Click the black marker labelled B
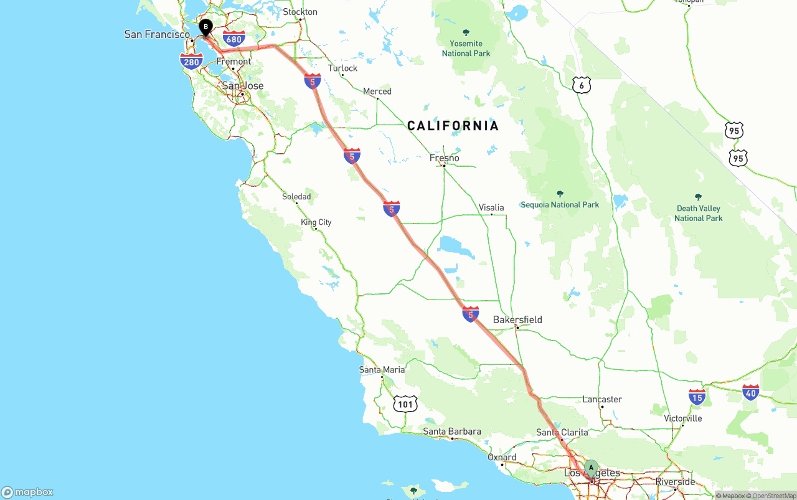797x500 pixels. click(205, 27)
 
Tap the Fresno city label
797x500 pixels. click(445, 158)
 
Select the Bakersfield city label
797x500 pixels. click(517, 320)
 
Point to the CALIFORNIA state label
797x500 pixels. click(453, 126)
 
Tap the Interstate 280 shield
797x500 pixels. click(191, 61)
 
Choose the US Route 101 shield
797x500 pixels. click(405, 404)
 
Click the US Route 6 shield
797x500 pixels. click(581, 85)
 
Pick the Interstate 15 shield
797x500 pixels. click(697, 397)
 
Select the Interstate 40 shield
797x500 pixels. click(750, 392)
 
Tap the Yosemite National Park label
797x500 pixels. click(466, 48)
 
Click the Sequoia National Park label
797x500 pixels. click(560, 204)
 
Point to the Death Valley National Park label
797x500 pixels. click(698, 213)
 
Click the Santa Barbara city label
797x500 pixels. click(452, 432)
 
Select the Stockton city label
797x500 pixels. click(300, 12)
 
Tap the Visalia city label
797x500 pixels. click(491, 207)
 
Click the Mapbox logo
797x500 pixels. click(27, 492)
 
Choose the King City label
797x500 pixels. click(316, 222)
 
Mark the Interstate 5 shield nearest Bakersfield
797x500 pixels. click(471, 314)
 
